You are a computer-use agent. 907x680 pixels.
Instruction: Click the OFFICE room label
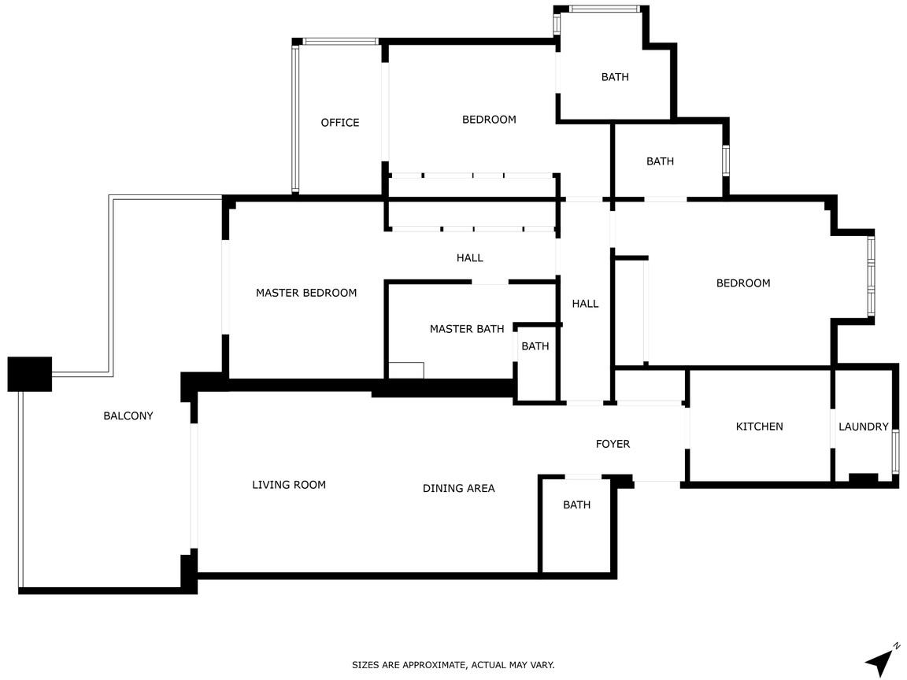[340, 123]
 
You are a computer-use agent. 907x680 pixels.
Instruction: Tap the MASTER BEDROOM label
[306, 293]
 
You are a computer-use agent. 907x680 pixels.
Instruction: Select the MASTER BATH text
[467, 329]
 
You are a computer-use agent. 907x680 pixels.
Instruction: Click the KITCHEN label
[760, 427]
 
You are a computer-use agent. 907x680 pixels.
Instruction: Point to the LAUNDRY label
[864, 427]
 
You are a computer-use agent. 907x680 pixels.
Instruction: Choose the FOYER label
[613, 444]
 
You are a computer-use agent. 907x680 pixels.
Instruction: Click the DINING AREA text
[459, 489]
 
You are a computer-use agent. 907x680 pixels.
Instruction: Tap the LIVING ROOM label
[289, 485]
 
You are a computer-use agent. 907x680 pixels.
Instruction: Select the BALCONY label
[128, 416]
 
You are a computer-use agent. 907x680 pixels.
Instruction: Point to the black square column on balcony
[29, 374]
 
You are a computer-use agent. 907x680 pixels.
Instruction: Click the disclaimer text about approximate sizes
[453, 665]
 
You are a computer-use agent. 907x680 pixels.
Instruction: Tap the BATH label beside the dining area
[576, 504]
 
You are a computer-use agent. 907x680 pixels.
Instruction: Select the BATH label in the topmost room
[615, 77]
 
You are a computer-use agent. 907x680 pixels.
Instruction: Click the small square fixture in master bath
[406, 371]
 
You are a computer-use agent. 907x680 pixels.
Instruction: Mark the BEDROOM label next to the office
[489, 120]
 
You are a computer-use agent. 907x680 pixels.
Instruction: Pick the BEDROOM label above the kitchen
[743, 283]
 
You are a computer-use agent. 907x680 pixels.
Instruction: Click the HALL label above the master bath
[470, 258]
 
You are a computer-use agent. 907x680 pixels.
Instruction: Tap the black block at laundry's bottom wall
[863, 479]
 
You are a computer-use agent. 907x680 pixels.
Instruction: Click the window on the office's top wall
[340, 42]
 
